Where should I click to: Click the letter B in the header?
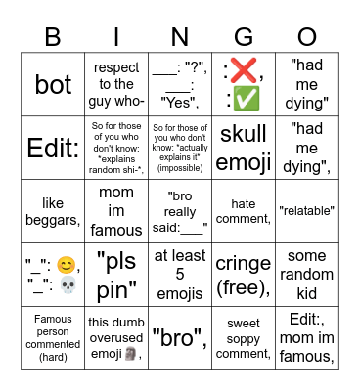53,37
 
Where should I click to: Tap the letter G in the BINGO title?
244,37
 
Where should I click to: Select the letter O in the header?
307,37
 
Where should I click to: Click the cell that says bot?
53,84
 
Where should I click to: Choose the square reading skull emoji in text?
244,147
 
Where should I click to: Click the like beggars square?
53,210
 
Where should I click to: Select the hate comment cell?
244,210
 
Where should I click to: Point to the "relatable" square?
307,210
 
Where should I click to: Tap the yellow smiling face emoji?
66,264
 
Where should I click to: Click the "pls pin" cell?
116,273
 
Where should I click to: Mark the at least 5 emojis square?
180,273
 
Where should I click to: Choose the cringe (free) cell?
244,273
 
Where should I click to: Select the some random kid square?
307,273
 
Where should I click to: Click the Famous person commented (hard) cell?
53,336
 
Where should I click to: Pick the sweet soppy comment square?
244,336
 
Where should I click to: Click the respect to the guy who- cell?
116,84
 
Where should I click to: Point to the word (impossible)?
180,168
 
